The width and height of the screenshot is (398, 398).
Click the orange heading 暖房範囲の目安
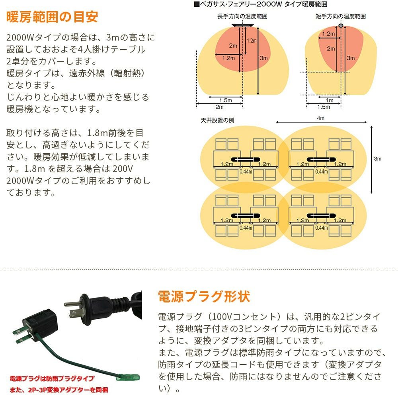(52, 17)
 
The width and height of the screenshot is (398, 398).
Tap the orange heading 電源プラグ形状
(204, 297)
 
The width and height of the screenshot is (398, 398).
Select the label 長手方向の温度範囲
(242, 17)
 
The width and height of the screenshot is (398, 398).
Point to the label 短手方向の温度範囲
(340, 17)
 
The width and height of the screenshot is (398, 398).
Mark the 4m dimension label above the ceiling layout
(321, 119)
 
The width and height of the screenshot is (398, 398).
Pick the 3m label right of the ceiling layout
(378, 158)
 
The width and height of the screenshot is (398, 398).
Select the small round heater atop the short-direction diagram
(341, 26)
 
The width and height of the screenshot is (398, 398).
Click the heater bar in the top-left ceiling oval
(241, 159)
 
